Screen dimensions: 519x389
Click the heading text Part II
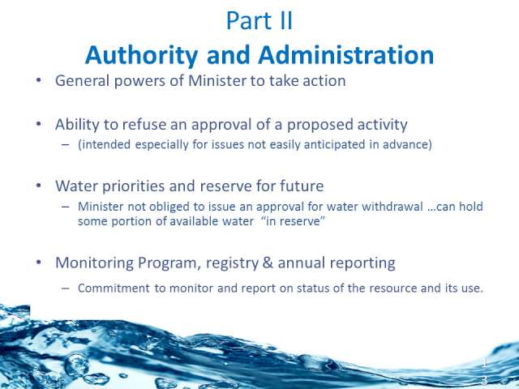[x=259, y=21]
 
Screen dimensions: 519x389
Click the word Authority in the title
[x=141, y=55]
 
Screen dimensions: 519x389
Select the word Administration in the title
[x=346, y=54]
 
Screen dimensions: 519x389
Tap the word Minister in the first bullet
[x=217, y=81]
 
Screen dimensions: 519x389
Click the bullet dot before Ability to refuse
[x=39, y=124]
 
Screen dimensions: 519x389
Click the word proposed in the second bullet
[x=320, y=125]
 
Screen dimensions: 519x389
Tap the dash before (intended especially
[x=66, y=145]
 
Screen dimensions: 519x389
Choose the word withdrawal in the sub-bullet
[x=392, y=207]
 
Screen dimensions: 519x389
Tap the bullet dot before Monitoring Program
[x=39, y=263]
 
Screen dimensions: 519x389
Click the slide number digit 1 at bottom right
[x=484, y=362]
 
